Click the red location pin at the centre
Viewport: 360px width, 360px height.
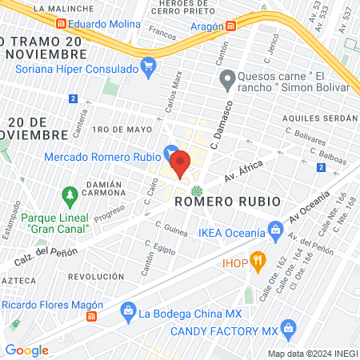180,162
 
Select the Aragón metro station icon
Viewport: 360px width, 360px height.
230,25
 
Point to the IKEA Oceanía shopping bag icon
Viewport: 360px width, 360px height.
276,234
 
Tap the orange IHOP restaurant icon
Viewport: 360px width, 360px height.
257,260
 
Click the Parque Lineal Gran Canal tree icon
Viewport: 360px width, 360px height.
70,194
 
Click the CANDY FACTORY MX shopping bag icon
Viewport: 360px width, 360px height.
289,327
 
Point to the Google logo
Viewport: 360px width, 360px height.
26,350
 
